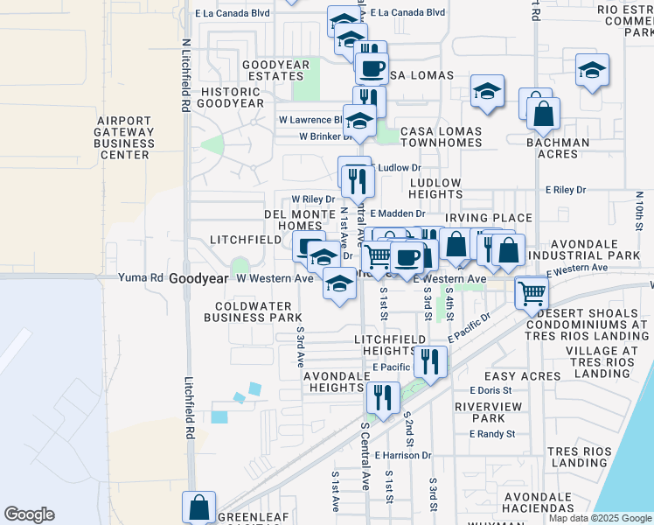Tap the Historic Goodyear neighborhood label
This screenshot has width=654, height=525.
tap(232, 97)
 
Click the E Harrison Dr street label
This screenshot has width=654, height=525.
tap(403, 455)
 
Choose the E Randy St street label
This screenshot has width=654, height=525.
tap(492, 434)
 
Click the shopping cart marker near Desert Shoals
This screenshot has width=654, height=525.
tap(532, 294)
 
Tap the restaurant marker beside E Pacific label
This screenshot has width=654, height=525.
tap(429, 360)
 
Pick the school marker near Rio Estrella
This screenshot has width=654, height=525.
tap(592, 72)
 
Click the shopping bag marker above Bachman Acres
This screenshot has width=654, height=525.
tap(543, 115)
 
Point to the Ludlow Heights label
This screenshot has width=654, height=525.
tap(435, 188)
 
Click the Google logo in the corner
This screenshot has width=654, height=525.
tap(29, 514)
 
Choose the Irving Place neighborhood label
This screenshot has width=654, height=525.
tap(488, 218)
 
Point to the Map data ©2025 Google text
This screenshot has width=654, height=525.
tap(601, 518)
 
